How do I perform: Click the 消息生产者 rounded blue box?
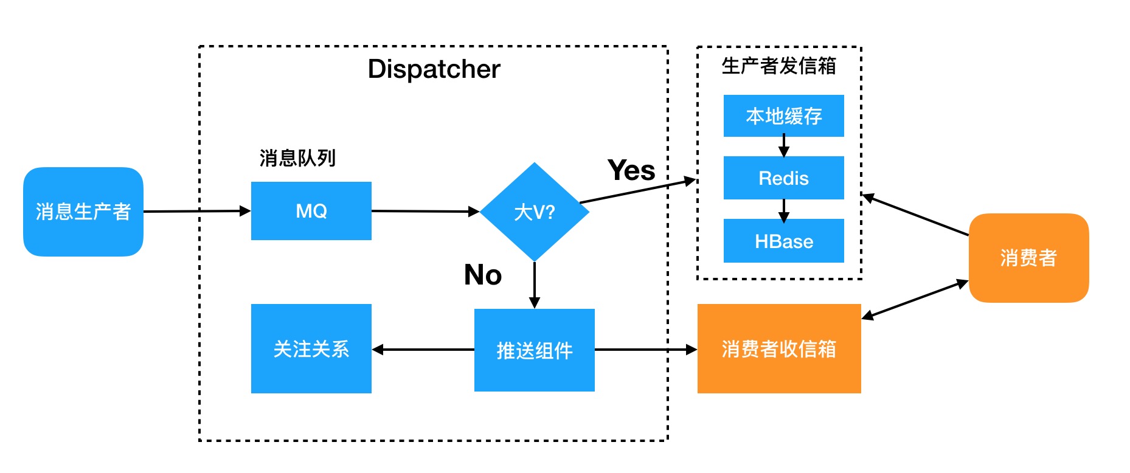pyautogui.click(x=83, y=212)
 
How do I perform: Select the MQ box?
pyautogui.click(x=311, y=211)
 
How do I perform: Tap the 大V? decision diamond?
pyautogui.click(x=534, y=212)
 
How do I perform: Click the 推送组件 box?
pyautogui.click(x=534, y=350)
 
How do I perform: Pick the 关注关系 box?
pyautogui.click(x=311, y=349)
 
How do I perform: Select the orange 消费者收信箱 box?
pyautogui.click(x=778, y=349)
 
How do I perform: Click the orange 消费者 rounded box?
pyautogui.click(x=1028, y=258)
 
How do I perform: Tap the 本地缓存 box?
pyautogui.click(x=783, y=116)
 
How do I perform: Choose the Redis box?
pyautogui.click(x=783, y=178)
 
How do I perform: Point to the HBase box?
pyautogui.click(x=783, y=241)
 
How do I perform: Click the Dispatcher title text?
pyautogui.click(x=434, y=69)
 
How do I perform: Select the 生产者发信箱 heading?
pyautogui.click(x=778, y=66)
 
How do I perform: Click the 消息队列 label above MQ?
pyautogui.click(x=297, y=158)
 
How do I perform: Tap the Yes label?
pyautogui.click(x=631, y=170)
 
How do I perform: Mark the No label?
pyautogui.click(x=483, y=275)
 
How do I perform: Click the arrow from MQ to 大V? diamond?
pyautogui.click(x=425, y=211)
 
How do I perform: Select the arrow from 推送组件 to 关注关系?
pyautogui.click(x=423, y=350)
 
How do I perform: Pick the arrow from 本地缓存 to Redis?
pyautogui.click(x=783, y=146)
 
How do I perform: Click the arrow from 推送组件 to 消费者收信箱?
pyautogui.click(x=645, y=350)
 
